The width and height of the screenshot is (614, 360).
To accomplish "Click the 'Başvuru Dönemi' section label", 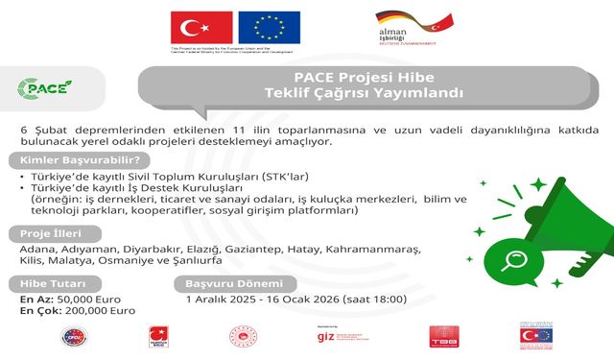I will [x=234, y=284].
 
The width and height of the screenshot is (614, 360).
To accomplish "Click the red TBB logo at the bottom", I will [x=442, y=338].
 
